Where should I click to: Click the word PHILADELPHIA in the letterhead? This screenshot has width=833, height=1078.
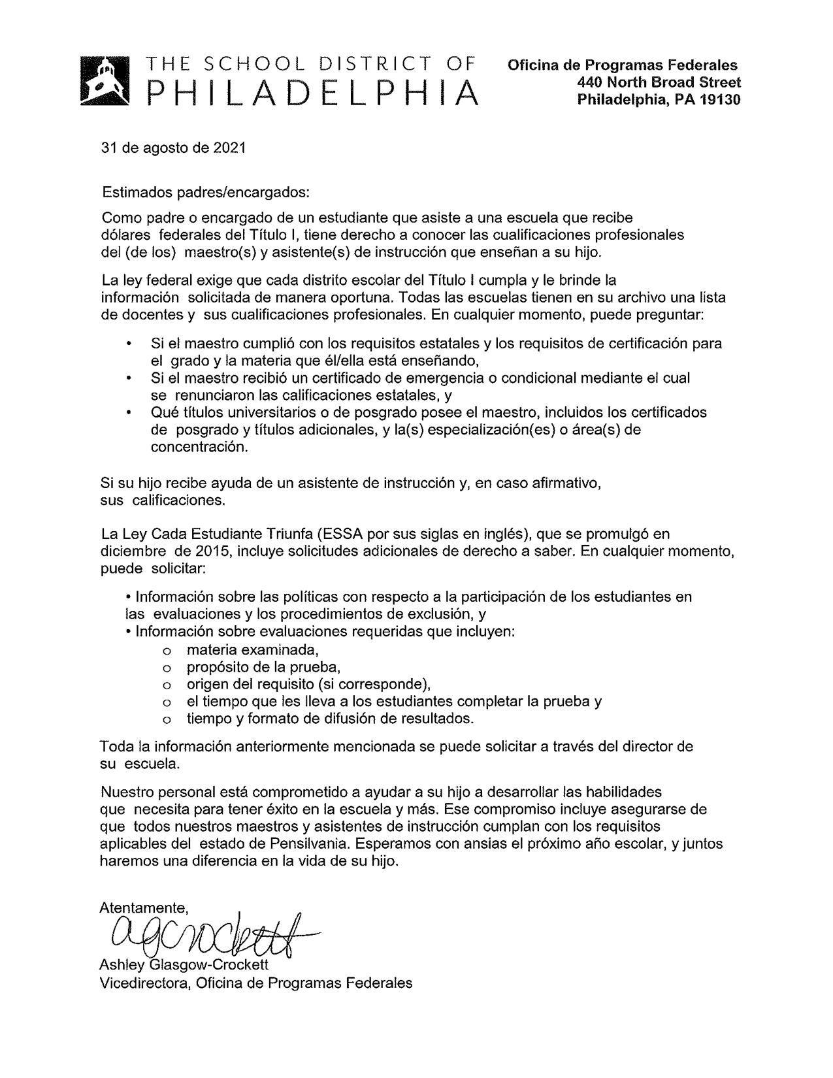[x=312, y=93]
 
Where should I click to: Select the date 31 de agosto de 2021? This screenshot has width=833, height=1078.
[x=173, y=148]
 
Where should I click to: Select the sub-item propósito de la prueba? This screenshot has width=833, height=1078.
[x=264, y=667]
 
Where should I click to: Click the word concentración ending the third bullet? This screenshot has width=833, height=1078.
[x=199, y=448]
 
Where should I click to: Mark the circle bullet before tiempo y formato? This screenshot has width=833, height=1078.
[x=167, y=719]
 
